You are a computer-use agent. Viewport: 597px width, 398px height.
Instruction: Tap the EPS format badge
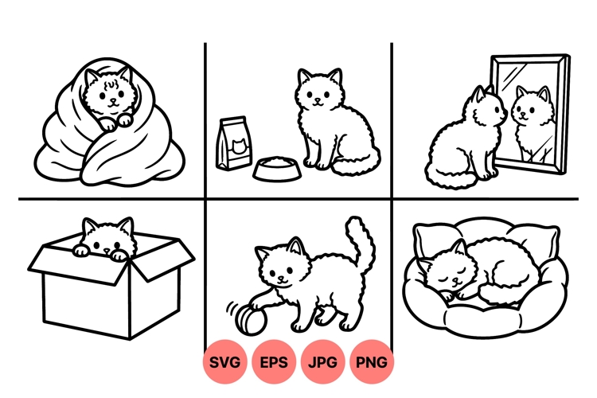point(275,363)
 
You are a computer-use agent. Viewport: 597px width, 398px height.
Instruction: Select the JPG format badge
point(323,363)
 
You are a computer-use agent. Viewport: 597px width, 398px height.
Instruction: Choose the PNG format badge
point(372,363)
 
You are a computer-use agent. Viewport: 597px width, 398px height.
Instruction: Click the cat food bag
point(232,143)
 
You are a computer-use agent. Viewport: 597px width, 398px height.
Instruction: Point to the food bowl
point(277,168)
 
